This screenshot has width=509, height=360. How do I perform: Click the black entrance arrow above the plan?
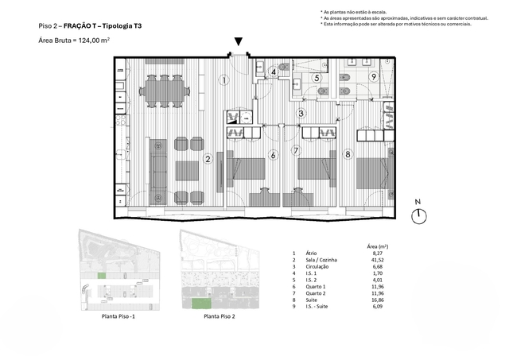point(238,43)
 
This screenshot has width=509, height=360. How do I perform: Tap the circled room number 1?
point(225,79)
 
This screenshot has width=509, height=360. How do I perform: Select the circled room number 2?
point(208,159)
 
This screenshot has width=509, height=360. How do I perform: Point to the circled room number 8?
point(348,153)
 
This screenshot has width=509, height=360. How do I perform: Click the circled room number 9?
point(373,77)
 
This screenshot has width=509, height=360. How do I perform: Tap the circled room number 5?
point(316,78)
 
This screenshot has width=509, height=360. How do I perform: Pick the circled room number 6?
point(273,154)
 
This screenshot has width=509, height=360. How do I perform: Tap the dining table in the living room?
point(163,91)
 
